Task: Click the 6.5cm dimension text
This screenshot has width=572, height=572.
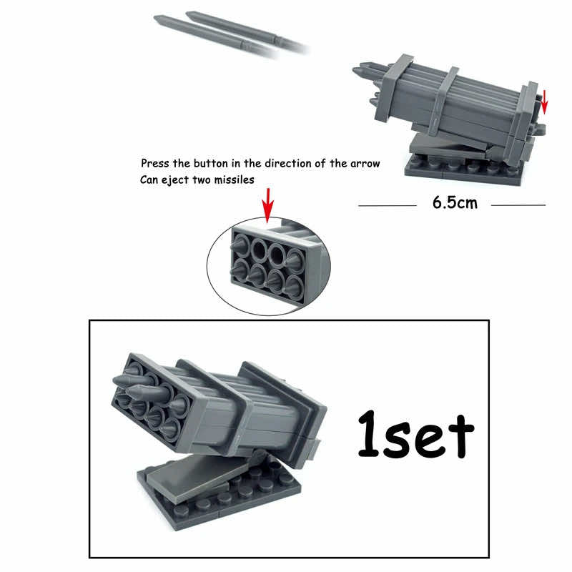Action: tap(454, 202)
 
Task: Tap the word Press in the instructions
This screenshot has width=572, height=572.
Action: tap(155, 164)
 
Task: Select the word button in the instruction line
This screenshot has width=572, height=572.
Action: tap(210, 164)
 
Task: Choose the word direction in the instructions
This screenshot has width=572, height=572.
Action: tap(302, 164)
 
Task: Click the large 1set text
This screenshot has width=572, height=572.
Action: tap(415, 433)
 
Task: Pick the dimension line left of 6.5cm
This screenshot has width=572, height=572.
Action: tap(387, 205)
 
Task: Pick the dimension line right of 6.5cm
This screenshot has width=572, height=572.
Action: tap(518, 205)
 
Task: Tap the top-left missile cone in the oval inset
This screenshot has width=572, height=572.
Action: tap(241, 246)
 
